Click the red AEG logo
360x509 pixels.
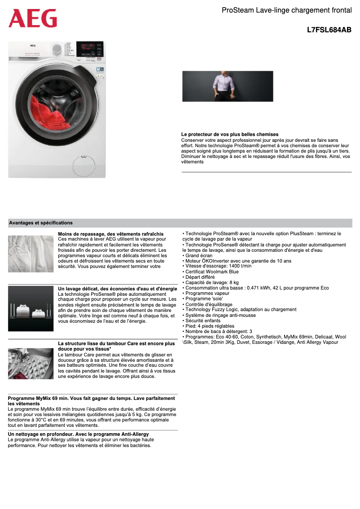tap(33, 18)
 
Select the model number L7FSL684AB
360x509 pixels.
tap(329, 30)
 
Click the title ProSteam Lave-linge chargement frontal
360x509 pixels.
tap(286, 10)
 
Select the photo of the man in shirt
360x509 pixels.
tap(228, 86)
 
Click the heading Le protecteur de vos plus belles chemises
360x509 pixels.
tap(229, 135)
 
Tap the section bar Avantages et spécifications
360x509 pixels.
tap(41, 223)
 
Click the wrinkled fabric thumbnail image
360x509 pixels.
tap(31, 254)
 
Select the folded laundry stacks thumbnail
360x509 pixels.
tap(31, 309)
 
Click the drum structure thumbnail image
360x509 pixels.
tap(31, 364)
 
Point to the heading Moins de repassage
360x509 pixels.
tap(110, 234)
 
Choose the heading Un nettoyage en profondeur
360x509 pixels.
tap(78, 434)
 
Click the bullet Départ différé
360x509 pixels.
tap(202, 277)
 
